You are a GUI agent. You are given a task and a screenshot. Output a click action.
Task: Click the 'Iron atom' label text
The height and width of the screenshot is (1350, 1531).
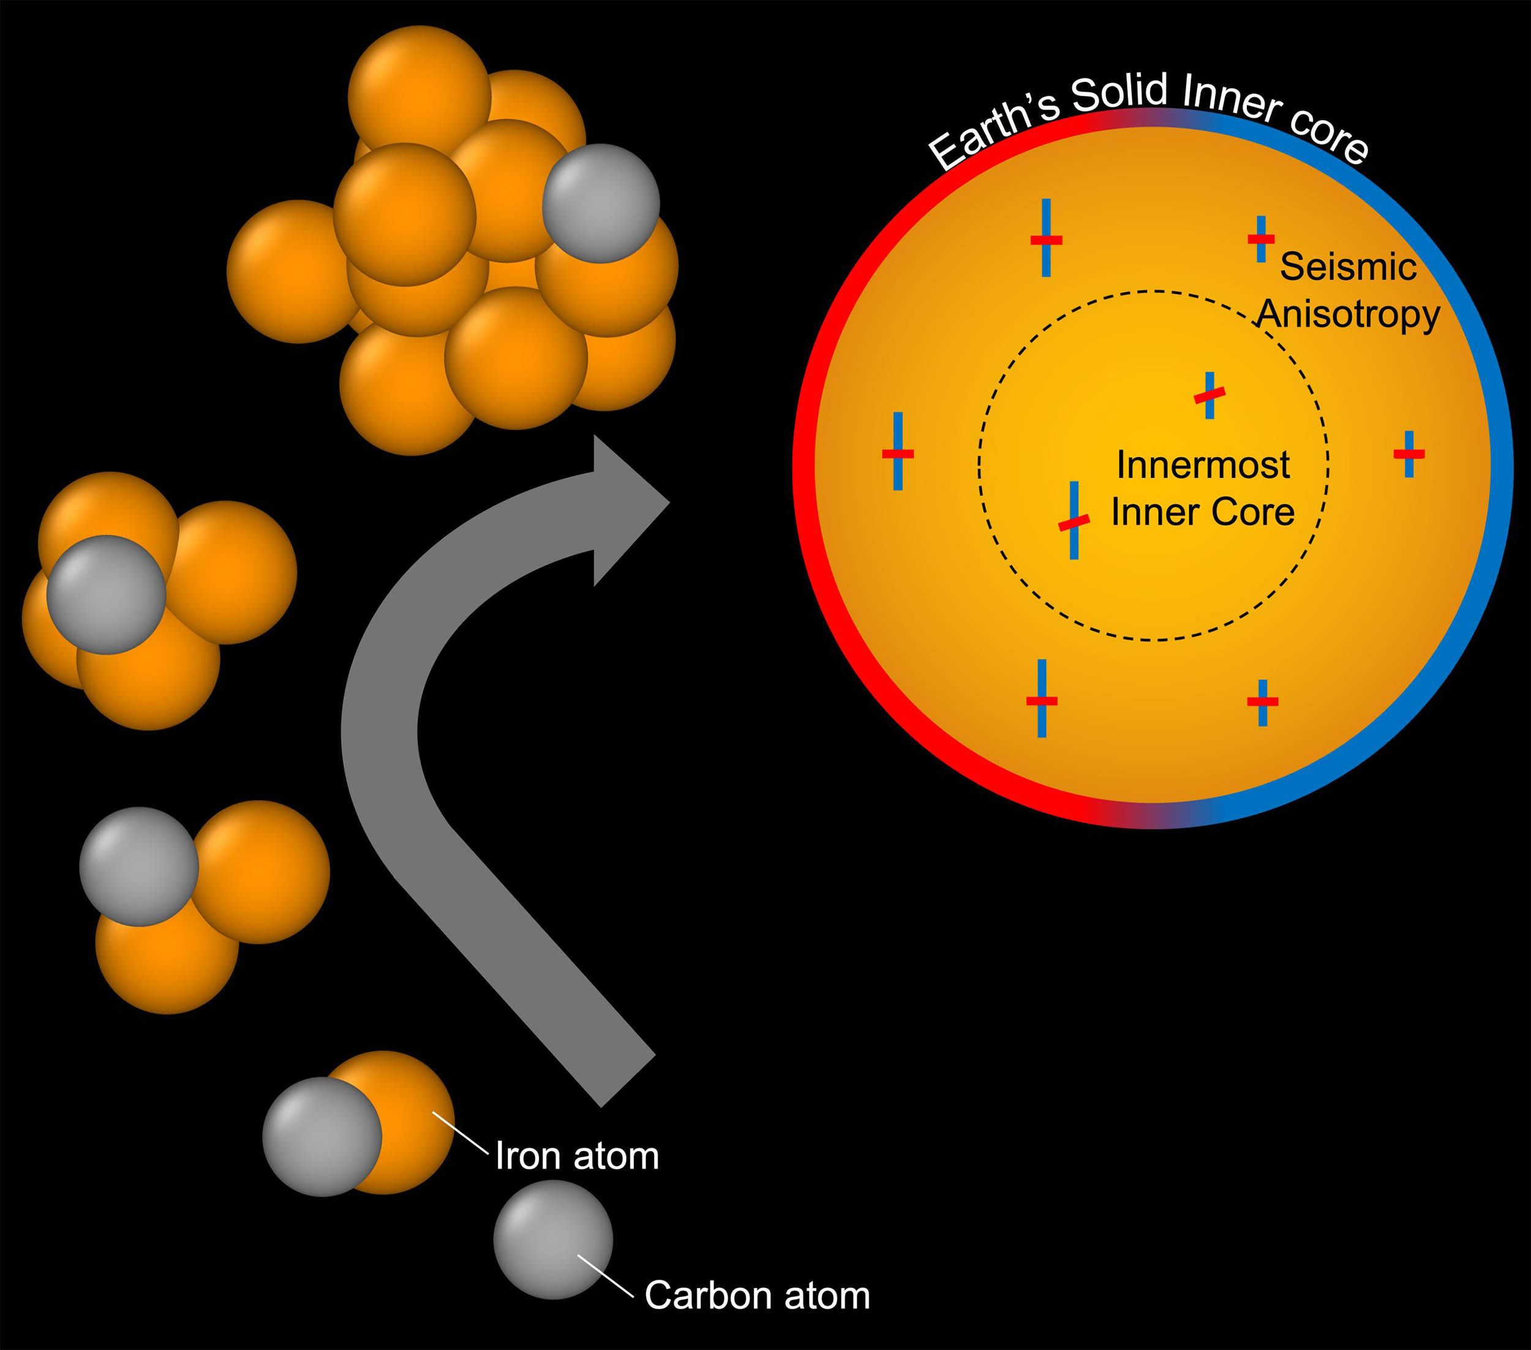577,1156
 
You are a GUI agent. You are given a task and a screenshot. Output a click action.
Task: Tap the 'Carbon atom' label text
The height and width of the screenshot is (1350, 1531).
758,1295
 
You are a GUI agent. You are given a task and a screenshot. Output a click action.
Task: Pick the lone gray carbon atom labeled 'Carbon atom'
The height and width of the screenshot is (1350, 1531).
553,1239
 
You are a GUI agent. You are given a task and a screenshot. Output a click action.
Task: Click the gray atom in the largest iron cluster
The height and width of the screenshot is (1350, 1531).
601,203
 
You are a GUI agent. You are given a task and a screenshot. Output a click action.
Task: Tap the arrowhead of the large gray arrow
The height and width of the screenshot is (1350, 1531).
631,510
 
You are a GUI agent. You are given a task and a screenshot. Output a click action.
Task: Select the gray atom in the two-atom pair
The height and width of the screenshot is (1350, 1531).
322,1136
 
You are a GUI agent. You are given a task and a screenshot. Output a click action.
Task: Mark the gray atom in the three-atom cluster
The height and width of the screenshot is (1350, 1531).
138,867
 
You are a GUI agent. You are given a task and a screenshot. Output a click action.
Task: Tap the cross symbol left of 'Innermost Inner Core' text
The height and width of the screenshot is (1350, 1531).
1074,520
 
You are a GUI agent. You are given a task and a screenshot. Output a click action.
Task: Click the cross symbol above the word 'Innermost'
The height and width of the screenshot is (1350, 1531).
1209,395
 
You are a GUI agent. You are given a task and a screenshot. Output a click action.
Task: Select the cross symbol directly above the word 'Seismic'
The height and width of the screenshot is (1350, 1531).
1262,239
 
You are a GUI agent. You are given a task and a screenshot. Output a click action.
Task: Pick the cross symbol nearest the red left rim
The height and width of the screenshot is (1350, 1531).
898,452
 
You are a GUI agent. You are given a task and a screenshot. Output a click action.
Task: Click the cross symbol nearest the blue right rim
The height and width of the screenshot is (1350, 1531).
1409,454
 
